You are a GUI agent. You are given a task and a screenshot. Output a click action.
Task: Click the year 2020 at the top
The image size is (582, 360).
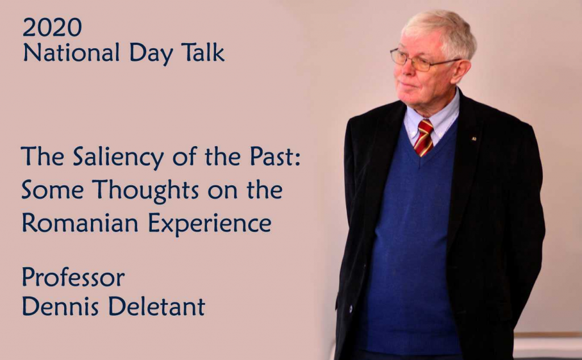click(52, 27)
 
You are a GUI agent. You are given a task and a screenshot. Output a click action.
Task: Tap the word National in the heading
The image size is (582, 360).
click(71, 52)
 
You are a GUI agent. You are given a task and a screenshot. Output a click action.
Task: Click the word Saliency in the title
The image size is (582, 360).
click(118, 157)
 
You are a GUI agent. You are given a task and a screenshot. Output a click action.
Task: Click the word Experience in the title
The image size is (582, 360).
click(210, 224)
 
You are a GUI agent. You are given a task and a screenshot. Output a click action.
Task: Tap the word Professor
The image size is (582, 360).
click(73, 277)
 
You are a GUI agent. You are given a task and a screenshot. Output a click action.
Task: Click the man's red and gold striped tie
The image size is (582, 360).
click(423, 138)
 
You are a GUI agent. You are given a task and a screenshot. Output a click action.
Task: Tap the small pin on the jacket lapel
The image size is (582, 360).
click(473, 139)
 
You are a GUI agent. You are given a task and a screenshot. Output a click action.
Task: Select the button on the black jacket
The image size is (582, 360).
click(350, 308)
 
